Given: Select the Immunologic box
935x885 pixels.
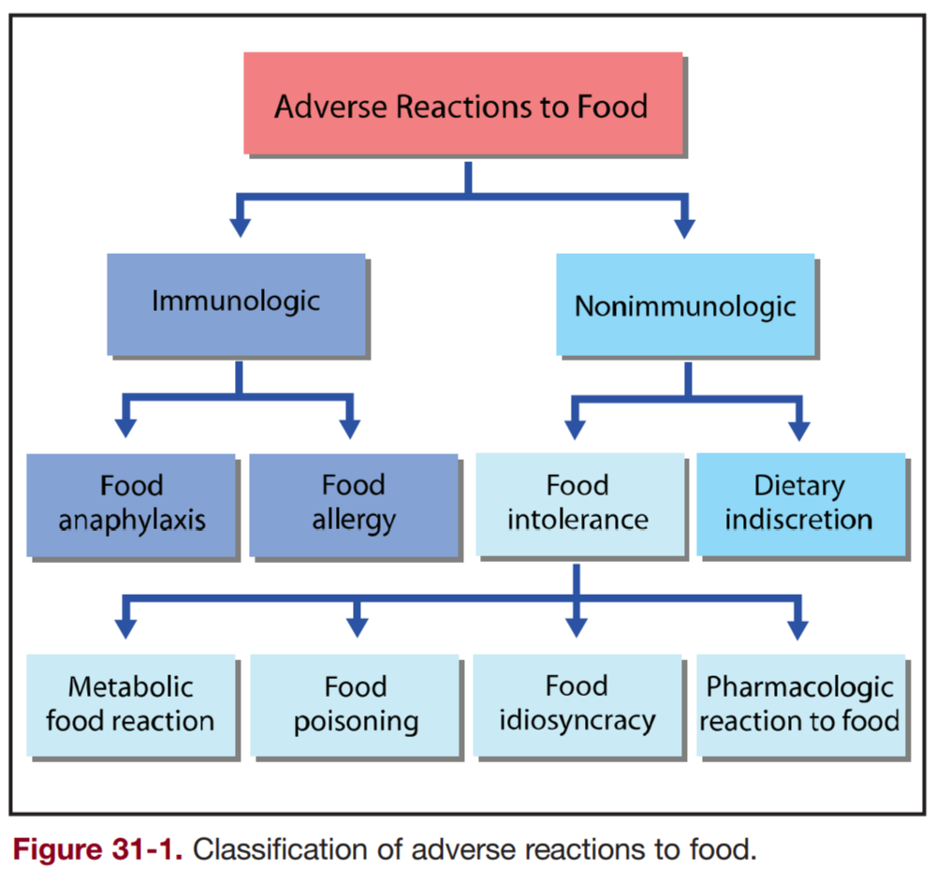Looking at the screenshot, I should (x=235, y=303).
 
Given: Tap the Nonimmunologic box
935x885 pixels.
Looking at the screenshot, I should (x=685, y=305).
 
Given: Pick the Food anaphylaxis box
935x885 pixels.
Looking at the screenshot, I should (x=131, y=505).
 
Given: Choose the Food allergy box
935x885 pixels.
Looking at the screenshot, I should (x=353, y=505).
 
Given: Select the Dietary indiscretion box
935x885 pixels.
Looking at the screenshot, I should (x=799, y=505).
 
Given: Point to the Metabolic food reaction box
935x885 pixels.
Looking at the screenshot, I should (x=130, y=704).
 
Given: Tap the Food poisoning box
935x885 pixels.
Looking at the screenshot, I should (x=355, y=704).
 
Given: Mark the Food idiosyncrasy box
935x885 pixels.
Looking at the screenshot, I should (x=577, y=704).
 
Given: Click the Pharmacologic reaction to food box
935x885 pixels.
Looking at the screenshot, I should (x=799, y=704).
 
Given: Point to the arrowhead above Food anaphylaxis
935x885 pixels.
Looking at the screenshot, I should (x=126, y=428).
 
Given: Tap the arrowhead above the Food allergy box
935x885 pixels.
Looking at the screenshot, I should (x=350, y=428).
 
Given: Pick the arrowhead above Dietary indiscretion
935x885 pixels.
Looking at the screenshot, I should (x=798, y=428).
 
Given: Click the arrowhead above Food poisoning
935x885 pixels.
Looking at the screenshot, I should (x=356, y=627).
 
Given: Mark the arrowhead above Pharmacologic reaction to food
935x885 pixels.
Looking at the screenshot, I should (x=798, y=627).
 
